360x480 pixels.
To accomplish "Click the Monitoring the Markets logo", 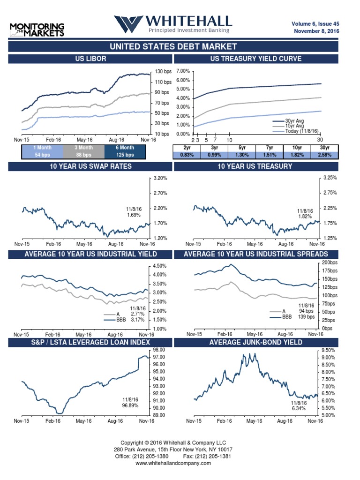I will (x=37, y=29).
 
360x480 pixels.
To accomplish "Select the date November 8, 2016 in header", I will (x=316, y=31).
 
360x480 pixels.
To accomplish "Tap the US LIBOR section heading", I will (x=90, y=59).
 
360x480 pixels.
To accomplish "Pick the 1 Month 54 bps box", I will (x=41, y=151).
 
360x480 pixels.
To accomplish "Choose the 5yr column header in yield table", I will (x=242, y=148).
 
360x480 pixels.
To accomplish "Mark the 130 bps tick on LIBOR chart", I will (x=163, y=71).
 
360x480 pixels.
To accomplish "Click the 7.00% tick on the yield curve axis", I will (x=183, y=71).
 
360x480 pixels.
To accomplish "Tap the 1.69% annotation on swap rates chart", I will (x=134, y=215).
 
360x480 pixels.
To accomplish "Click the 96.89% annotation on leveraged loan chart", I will (x=130, y=405).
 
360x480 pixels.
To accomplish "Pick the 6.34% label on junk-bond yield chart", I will (x=298, y=409).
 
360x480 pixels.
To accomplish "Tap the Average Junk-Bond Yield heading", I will (x=255, y=342).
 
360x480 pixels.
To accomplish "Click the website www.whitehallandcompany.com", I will (x=173, y=463).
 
